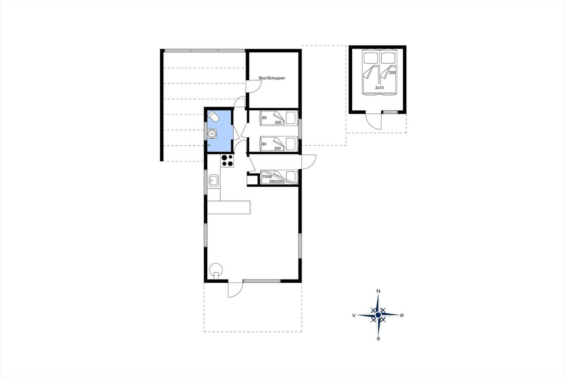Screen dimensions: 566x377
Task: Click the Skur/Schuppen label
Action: tap(272, 78)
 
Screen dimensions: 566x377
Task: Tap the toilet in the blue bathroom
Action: tap(213, 116)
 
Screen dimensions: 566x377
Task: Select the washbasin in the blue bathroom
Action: tap(212, 134)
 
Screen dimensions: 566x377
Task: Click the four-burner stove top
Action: tap(227, 161)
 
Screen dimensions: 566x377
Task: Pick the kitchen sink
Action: tap(214, 180)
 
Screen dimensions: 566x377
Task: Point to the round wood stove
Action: tap(216, 271)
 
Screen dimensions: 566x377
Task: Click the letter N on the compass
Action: tap(378, 291)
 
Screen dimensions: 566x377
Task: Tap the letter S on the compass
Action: tap(378, 339)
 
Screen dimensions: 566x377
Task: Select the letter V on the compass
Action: tap(354, 315)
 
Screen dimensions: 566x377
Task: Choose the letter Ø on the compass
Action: tap(402, 315)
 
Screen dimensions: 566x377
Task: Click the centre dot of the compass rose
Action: tap(378, 315)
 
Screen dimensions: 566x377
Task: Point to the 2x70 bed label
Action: tap(380, 88)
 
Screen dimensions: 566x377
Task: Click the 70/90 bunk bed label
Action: tap(267, 176)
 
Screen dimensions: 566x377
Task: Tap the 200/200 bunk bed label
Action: tap(276, 181)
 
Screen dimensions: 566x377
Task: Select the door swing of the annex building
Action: tap(374, 122)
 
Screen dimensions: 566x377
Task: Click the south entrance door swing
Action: tap(236, 290)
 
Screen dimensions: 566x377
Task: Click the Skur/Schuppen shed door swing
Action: tap(253, 86)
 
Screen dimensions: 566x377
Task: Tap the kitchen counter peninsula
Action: tap(229, 208)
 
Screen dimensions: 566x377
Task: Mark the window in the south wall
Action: tap(261, 281)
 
